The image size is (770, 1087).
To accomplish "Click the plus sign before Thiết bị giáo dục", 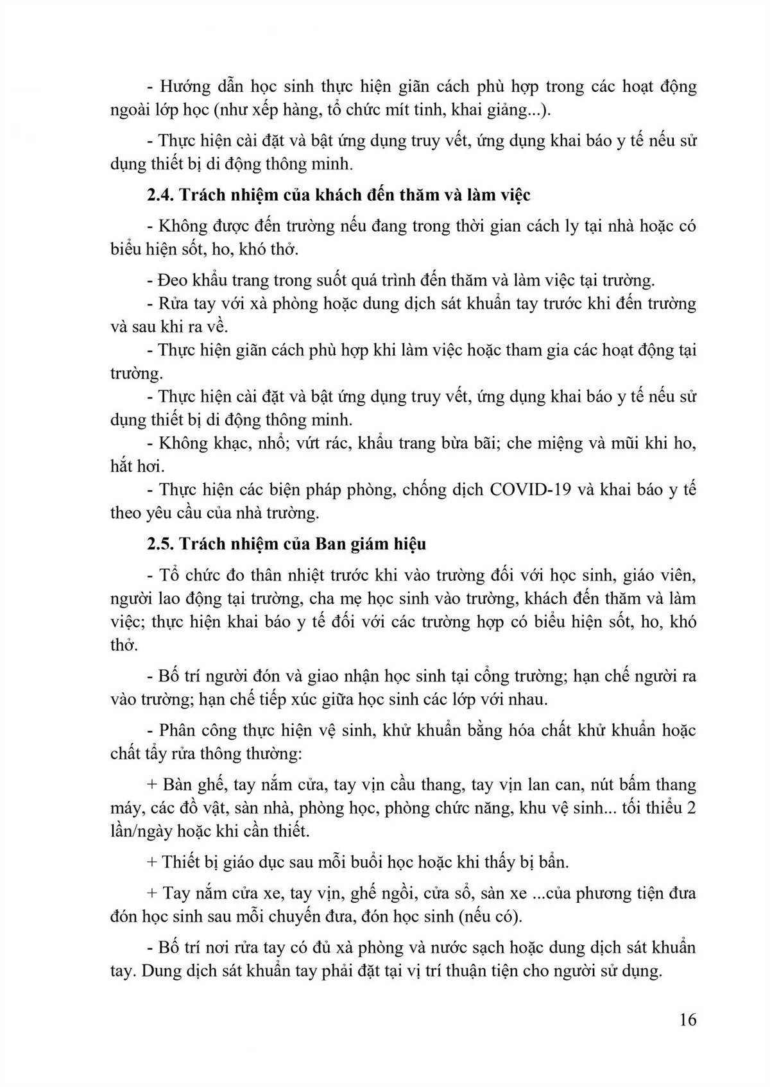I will click(152, 862).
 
